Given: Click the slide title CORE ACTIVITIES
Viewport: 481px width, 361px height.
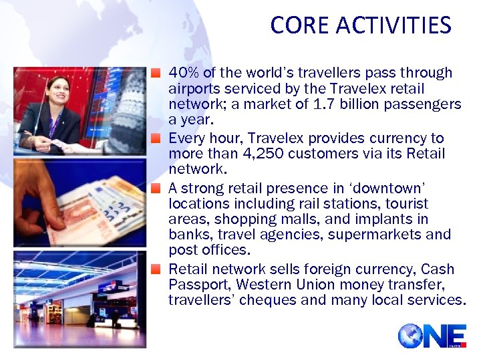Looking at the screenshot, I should coord(361,25).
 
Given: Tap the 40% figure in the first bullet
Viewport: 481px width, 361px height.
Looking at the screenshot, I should coord(182,72).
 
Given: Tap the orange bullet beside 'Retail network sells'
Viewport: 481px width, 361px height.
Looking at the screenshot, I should coord(156,269).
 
